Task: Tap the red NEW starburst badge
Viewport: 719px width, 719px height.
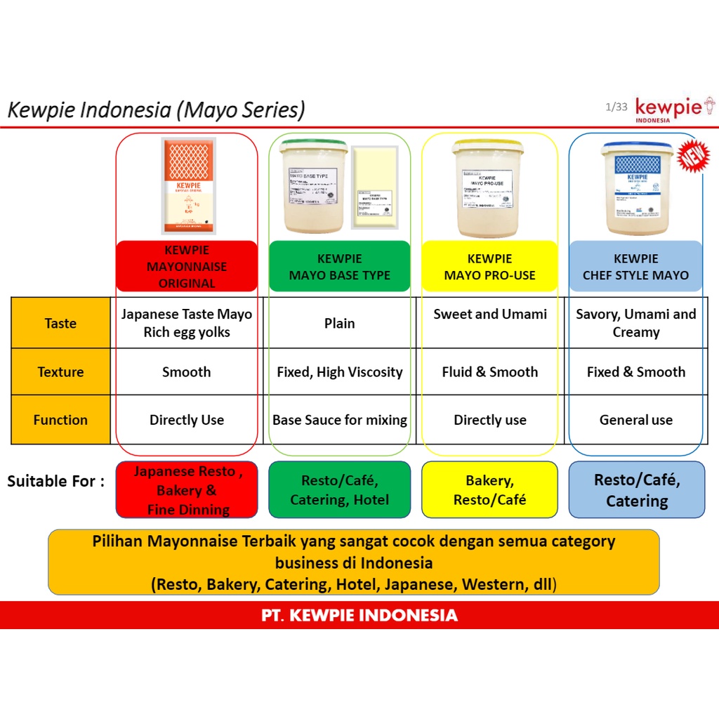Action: pos(693,157)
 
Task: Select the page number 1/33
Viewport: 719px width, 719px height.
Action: pos(616,107)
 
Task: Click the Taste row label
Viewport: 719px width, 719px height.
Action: pos(60,323)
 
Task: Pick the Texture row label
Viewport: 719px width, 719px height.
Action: pos(60,372)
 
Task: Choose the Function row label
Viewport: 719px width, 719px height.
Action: pos(60,420)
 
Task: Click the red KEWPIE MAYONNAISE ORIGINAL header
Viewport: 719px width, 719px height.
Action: pos(187,266)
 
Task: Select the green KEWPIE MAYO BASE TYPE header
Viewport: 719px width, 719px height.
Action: pos(340,267)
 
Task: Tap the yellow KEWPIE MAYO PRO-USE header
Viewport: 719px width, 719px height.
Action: pos(489,267)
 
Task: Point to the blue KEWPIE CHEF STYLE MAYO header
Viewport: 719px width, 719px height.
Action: pos(635,267)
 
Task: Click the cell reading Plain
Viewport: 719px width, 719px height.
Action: pos(340,323)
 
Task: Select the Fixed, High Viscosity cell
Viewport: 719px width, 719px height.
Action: pos(340,372)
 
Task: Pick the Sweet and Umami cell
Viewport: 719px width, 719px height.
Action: pos(490,315)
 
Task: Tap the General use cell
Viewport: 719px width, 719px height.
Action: pos(635,420)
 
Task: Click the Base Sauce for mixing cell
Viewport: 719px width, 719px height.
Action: pos(340,420)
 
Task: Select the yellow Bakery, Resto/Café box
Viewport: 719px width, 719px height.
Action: pos(489,490)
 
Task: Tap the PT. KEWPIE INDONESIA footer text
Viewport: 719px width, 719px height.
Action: pos(359,616)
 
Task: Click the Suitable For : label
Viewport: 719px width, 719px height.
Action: pos(56,482)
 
